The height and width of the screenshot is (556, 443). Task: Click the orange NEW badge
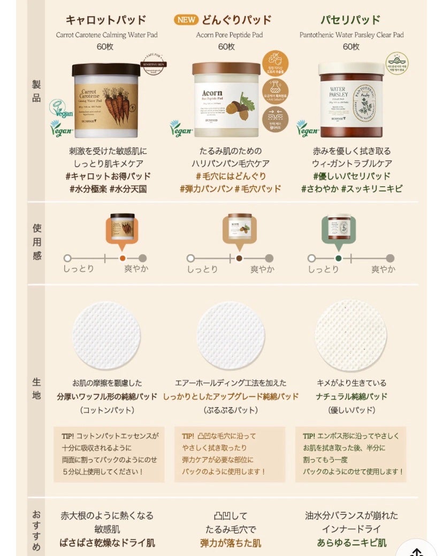186,20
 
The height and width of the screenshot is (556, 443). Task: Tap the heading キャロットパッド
106,20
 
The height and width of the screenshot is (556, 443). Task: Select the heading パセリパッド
350,20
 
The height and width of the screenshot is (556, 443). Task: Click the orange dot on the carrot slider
123,258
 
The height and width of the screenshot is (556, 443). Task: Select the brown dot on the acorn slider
239,258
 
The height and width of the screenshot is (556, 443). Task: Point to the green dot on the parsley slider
338,258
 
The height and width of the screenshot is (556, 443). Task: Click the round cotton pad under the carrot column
106,336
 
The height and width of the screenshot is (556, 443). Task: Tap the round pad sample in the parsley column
350,336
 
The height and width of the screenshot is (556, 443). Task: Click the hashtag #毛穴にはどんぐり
230,176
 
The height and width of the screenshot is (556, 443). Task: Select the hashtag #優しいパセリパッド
352,176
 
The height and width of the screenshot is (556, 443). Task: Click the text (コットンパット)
106,410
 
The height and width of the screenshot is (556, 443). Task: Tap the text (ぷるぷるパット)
230,410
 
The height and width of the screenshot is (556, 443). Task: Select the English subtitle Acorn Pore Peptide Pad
230,35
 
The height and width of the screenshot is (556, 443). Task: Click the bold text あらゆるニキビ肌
352,543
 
